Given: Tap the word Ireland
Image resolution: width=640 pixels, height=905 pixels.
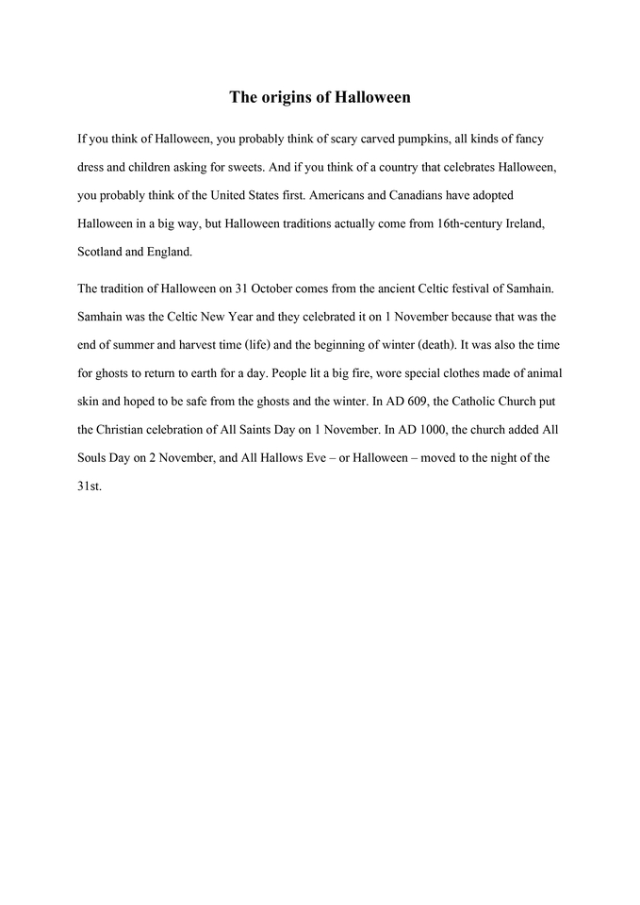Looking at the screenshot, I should (540, 223).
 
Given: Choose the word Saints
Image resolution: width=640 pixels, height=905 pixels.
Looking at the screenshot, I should (257, 428).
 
